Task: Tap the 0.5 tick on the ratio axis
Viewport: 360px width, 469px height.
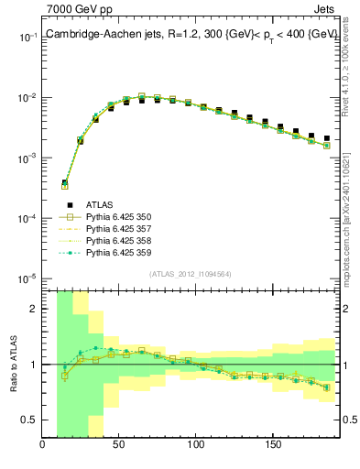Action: (x=30, y=420)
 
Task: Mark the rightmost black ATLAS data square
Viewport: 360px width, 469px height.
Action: (x=326, y=138)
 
